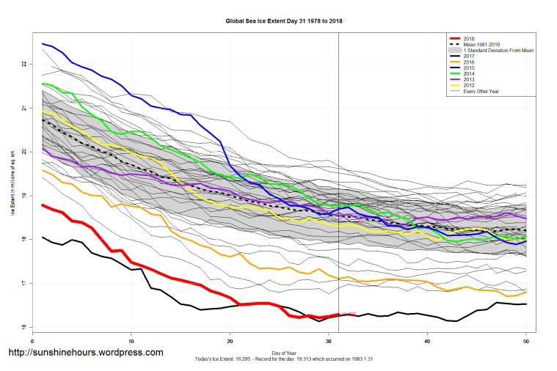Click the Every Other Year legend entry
(x=485, y=91)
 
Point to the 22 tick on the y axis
(x=24, y=65)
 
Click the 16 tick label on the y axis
(x=24, y=328)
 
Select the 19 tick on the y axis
(x=24, y=196)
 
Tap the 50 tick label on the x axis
(x=526, y=341)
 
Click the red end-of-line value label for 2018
(x=348, y=315)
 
